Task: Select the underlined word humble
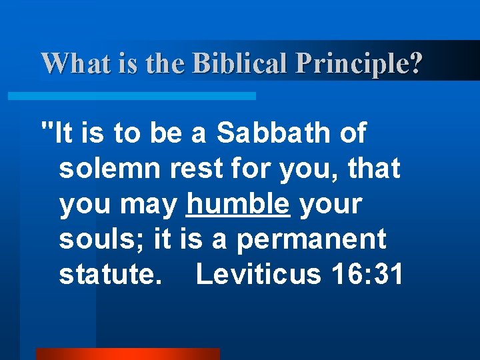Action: click(x=238, y=205)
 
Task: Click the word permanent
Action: click(x=312, y=239)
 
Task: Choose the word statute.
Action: click(x=109, y=275)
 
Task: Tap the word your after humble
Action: click(x=331, y=205)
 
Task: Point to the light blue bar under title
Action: click(x=131, y=96)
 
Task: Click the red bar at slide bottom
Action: click(x=127, y=354)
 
